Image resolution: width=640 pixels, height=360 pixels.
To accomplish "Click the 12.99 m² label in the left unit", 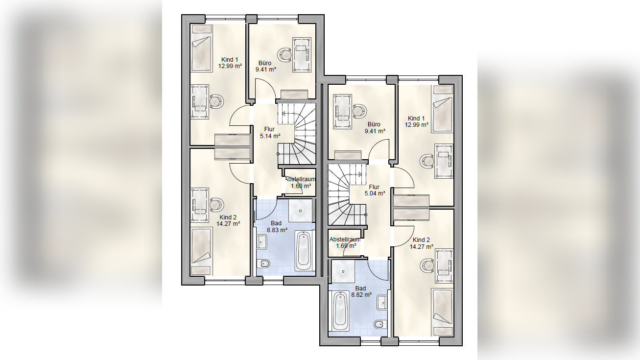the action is coord(230,66).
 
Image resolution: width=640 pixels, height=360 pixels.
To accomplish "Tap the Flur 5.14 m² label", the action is coord(270,133).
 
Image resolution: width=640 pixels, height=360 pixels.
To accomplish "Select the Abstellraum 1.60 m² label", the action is coord(300,183).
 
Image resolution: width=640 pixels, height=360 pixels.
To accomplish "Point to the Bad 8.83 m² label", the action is coord(277,227).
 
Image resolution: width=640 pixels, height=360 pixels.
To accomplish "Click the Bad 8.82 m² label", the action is coord(361,291).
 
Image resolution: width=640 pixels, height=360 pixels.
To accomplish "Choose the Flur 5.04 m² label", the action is coord(375,190).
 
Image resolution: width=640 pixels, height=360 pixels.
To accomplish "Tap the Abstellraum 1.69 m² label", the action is coord(345,242).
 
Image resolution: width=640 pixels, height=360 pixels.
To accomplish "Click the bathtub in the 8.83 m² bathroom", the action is coord(304,251).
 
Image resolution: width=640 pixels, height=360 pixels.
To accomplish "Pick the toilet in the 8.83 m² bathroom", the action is coord(263,264).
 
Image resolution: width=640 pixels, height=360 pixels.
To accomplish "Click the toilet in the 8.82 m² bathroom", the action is coord(381,324).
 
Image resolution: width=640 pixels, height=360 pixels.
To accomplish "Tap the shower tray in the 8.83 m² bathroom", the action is coord(300,211).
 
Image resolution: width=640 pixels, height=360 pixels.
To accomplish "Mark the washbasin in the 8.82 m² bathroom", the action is coord(382,303).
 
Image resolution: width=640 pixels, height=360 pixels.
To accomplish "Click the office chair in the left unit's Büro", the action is coord(285,55).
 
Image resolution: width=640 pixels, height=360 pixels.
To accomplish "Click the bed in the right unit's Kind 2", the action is coord(443,312).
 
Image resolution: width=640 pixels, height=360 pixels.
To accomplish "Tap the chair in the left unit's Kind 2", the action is coord(216,205).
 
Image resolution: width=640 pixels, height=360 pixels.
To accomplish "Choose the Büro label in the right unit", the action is coord(374,124).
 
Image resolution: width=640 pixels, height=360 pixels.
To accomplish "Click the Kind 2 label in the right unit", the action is coord(421,240).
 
